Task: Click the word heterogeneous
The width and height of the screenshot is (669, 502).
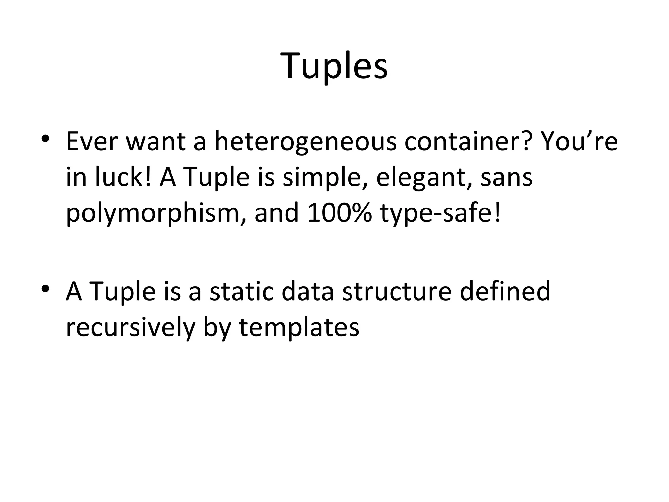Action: point(305,142)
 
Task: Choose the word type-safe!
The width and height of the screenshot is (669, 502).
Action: point(440,214)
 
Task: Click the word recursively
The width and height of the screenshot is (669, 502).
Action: point(130,327)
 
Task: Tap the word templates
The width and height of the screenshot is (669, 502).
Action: point(299,328)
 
